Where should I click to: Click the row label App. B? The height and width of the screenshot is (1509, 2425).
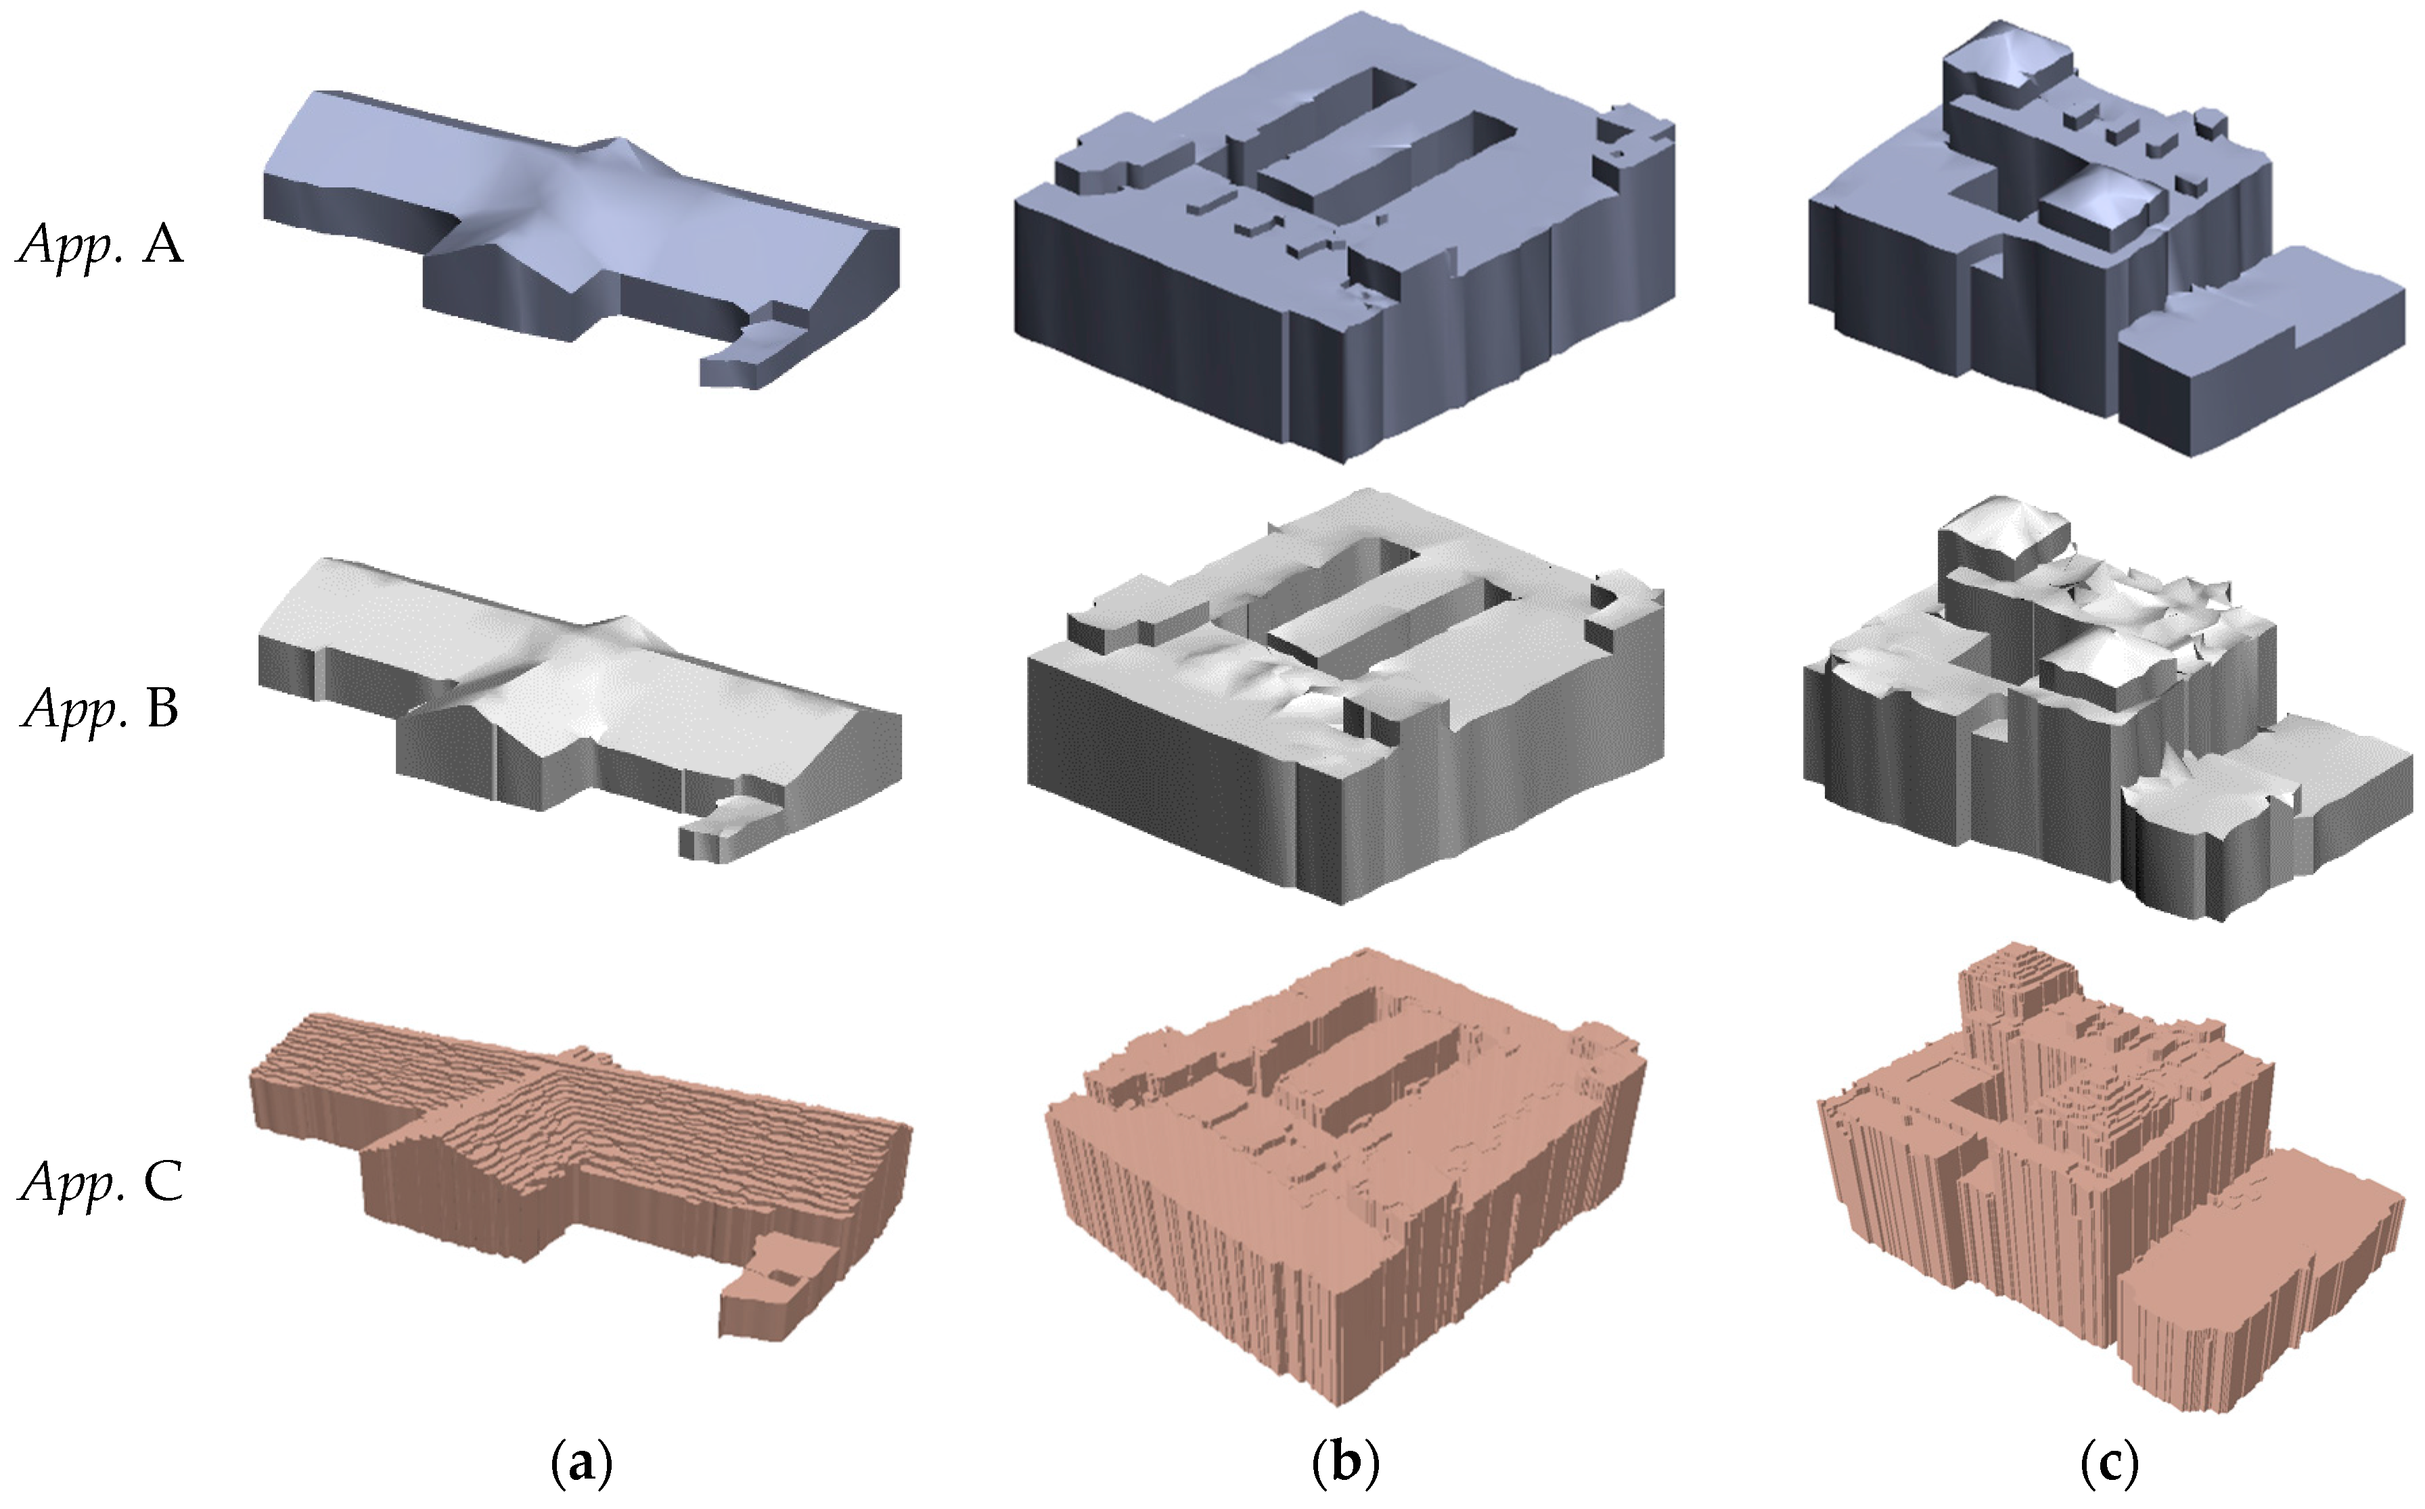[x=100, y=710]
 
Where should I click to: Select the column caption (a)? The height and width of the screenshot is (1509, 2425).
[x=582, y=1464]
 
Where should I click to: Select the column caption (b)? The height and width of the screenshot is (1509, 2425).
[x=1344, y=1464]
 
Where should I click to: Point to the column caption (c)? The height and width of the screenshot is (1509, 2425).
[x=2110, y=1464]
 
